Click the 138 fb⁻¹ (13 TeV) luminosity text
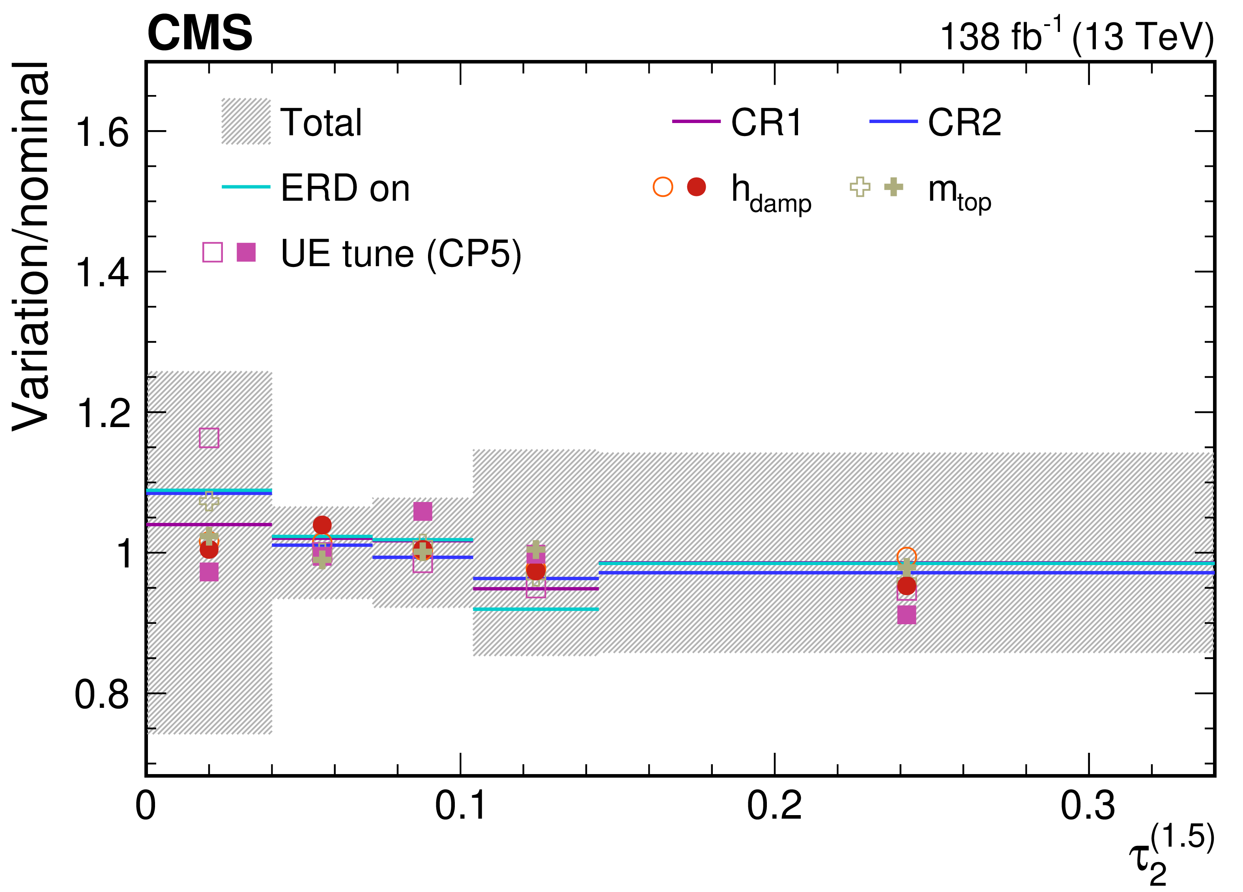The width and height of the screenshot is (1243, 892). point(1077,36)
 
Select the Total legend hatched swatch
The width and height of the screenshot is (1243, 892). point(246,121)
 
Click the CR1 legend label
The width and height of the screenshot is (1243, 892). point(766,122)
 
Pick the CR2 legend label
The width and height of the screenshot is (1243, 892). point(964,122)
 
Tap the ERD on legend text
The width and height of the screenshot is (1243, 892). point(345,188)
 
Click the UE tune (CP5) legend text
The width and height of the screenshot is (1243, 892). point(401,254)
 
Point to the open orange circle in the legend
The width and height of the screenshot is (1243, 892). point(663,187)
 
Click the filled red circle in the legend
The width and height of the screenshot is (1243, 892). point(697,187)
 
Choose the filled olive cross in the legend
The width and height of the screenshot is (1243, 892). point(894,187)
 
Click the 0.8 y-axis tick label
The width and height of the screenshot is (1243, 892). point(102,695)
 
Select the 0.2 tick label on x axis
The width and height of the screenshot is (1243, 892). point(774,805)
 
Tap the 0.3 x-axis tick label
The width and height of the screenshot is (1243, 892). point(1088,805)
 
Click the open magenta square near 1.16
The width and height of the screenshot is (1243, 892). point(209,438)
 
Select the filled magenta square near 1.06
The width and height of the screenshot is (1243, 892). point(422,511)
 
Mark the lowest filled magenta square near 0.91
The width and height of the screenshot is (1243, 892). point(907,615)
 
